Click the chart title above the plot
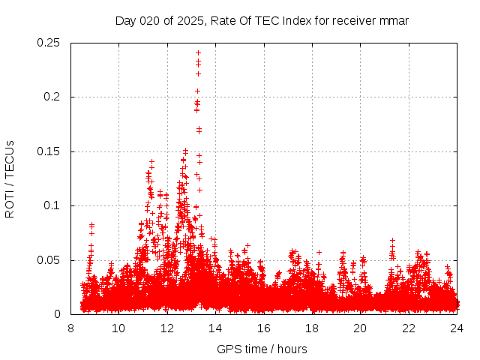point(262,20)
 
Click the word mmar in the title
point(394,20)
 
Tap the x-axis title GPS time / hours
point(262,349)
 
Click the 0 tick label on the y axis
point(59,315)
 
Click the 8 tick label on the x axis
point(70,328)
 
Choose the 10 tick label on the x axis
point(118,328)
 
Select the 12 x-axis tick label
point(167,328)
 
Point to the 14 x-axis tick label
point(215,328)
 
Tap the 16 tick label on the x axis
point(263,328)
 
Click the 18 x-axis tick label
point(312,328)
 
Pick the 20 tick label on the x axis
point(360,328)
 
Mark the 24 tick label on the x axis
point(457,328)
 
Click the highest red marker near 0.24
point(198,52)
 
